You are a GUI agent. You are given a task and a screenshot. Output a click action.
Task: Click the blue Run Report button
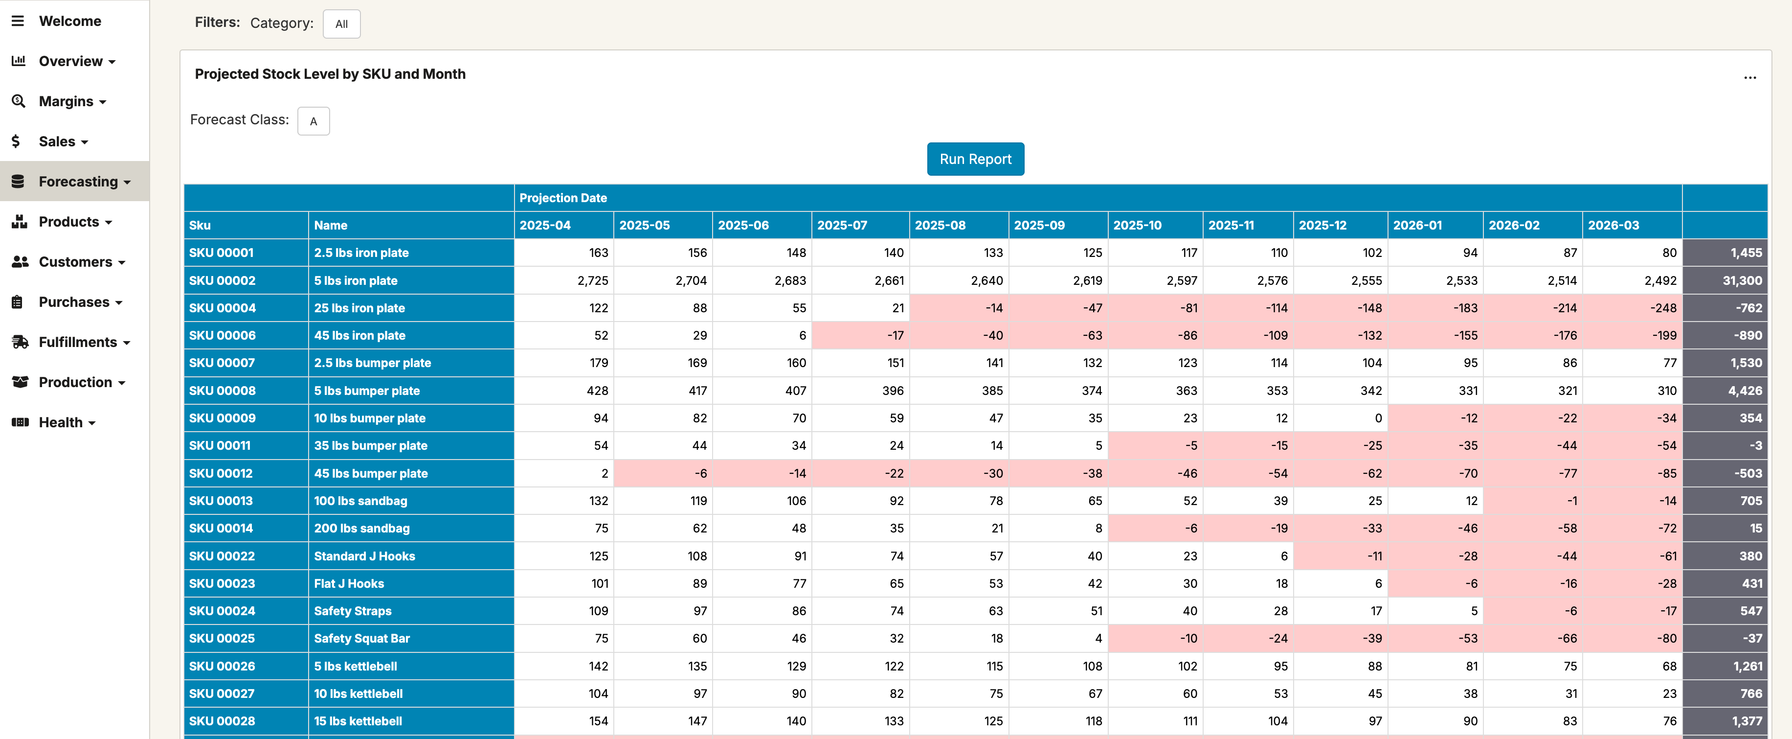click(x=975, y=160)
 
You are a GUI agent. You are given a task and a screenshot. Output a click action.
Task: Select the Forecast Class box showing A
click(x=313, y=121)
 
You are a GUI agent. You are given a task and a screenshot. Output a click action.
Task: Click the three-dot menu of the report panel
click(x=1749, y=77)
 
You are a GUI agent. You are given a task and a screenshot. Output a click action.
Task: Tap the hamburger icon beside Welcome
click(x=18, y=21)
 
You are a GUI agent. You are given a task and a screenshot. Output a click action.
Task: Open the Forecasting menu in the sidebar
click(x=78, y=182)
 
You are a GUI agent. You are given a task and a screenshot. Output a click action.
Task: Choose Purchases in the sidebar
click(x=74, y=302)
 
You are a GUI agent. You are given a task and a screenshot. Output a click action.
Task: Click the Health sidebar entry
click(x=61, y=422)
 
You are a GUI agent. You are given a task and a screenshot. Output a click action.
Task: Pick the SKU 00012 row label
click(x=221, y=473)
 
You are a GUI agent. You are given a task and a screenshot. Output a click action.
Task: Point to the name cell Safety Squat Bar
click(x=362, y=638)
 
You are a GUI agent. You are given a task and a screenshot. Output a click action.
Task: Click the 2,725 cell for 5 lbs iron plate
click(x=592, y=280)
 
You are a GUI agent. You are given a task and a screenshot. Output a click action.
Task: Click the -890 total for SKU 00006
click(x=1747, y=335)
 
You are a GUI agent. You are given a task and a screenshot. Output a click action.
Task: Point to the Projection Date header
click(x=563, y=198)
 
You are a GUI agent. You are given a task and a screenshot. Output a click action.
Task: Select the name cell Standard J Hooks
click(x=364, y=556)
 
